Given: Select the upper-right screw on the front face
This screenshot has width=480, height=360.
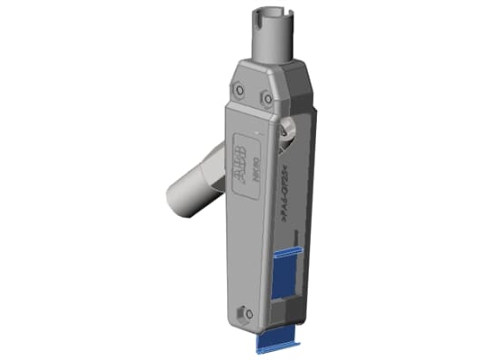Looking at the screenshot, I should coord(267,99).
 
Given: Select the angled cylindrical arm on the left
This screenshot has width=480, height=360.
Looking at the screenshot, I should coord(194,184).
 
